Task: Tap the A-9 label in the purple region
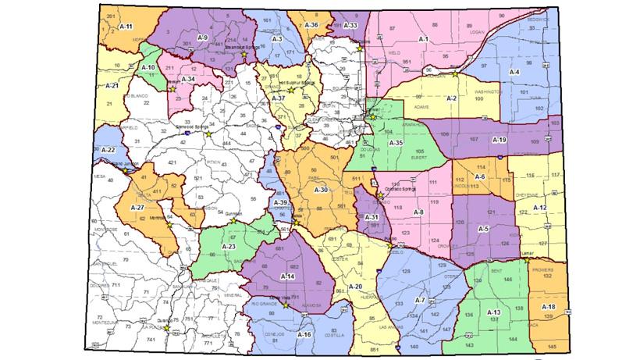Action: coord(202,37)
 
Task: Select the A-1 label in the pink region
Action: coord(424,37)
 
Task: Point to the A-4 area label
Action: coord(514,72)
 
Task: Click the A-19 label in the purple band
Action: coord(500,139)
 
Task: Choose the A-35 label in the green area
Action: coord(396,143)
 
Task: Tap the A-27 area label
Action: coord(137,208)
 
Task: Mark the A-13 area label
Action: coord(493,312)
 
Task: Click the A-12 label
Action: coord(539,208)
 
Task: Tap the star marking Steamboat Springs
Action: coord(244,55)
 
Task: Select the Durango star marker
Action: coord(166,329)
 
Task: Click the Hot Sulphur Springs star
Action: coord(291,90)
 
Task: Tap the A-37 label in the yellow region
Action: coord(279,99)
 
